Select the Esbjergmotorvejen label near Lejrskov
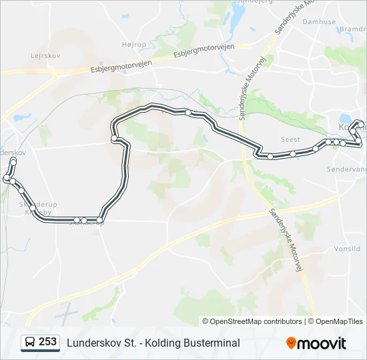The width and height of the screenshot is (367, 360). click(122, 65)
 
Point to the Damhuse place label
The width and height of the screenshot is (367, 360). click(319, 22)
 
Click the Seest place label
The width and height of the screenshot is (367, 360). click(290, 140)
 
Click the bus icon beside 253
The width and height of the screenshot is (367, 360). click(30, 343)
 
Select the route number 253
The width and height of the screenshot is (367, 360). click(47, 342)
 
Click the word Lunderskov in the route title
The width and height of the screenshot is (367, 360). click(92, 343)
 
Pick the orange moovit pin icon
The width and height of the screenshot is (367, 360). click(291, 343)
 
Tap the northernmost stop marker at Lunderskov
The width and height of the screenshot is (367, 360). click(13, 161)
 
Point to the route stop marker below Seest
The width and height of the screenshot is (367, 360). click(270, 157)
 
